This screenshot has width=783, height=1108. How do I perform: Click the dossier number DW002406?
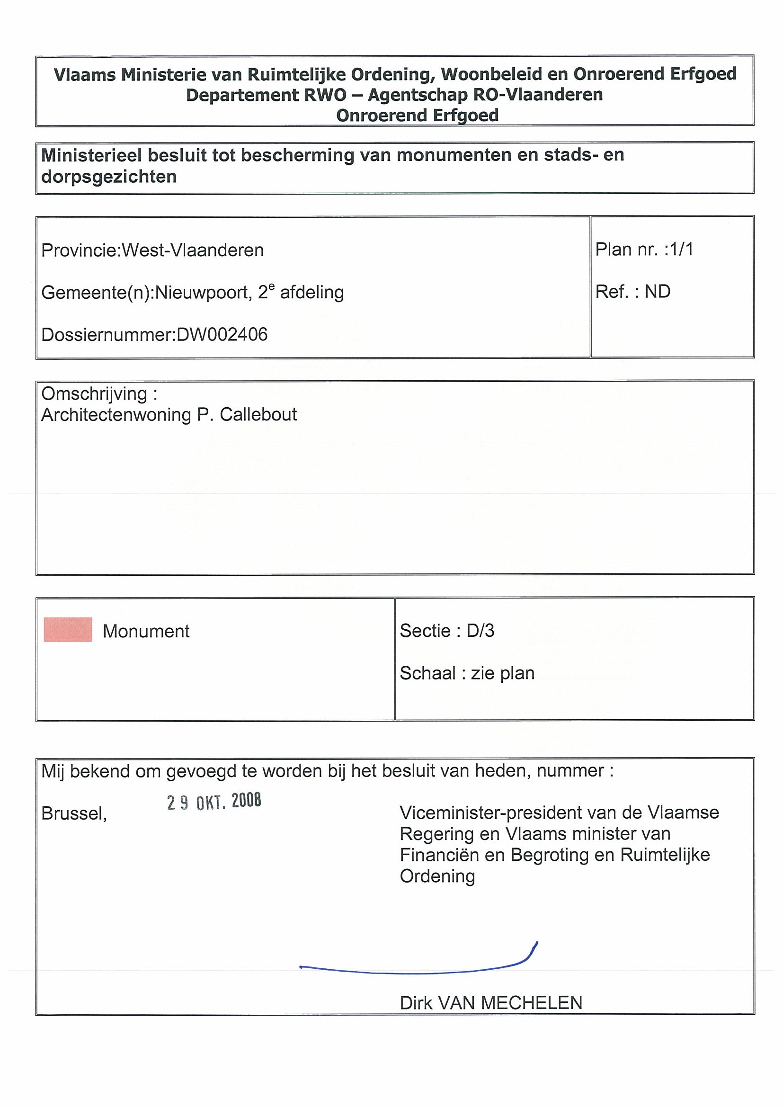point(222,334)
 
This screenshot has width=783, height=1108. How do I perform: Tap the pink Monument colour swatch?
point(68,630)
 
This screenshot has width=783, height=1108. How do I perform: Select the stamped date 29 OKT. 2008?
point(214,802)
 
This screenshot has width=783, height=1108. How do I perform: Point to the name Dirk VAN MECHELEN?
point(490,1003)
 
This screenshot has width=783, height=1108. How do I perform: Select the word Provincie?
point(79,250)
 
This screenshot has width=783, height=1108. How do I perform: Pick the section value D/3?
point(480,631)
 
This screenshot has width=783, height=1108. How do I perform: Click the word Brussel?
point(74,813)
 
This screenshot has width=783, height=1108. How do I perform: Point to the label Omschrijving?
point(94,394)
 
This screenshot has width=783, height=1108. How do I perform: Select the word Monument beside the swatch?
point(146,631)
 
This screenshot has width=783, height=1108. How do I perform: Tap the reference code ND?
point(657,292)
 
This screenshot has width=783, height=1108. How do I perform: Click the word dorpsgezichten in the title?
point(109,177)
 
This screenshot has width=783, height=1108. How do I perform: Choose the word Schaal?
point(427,673)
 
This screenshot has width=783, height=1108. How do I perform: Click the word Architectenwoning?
point(116,414)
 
